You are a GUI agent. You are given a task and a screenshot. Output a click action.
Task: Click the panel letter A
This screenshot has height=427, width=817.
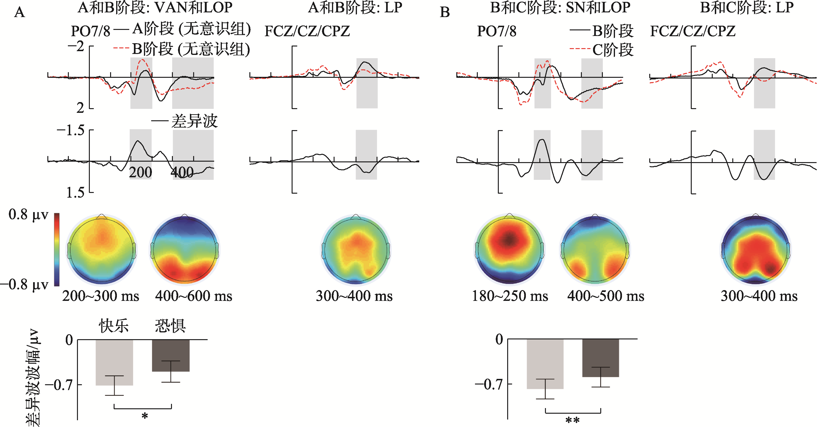point(20,12)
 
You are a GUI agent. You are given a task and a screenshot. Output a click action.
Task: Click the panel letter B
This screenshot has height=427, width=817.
point(445,12)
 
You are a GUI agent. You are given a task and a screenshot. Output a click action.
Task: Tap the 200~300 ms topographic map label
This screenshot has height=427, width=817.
point(101,296)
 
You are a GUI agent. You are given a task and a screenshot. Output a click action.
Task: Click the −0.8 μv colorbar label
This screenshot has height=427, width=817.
point(25,285)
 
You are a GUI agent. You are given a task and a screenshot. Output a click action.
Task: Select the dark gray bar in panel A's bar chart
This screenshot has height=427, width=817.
point(171,355)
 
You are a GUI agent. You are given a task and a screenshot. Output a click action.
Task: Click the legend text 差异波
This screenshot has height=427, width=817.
point(194,121)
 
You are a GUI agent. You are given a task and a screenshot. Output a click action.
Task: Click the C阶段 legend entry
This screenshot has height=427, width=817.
point(613,50)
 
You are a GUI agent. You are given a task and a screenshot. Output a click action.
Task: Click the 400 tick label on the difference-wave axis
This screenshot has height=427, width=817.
point(182,172)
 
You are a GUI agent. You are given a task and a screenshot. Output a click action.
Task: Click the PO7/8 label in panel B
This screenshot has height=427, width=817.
point(497,31)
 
